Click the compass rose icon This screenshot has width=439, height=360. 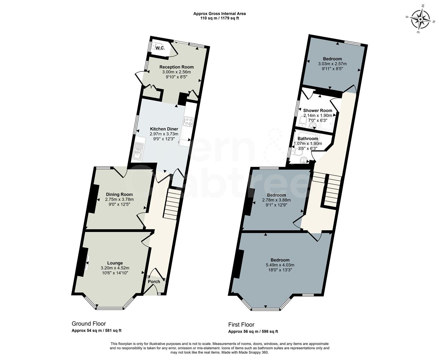click(420, 19)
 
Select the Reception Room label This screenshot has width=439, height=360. click(176, 67)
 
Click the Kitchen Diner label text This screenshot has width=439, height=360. click(164, 129)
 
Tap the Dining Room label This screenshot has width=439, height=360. click(119, 194)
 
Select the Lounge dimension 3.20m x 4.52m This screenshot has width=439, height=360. click(115, 268)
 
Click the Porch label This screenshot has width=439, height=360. click(154, 282)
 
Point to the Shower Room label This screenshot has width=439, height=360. click(317, 110)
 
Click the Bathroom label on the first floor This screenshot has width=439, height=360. click(307, 139)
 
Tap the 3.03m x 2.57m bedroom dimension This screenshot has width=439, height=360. click(332, 64)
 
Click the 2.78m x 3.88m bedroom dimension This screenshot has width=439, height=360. click(276, 200)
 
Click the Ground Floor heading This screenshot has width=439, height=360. click(89, 324)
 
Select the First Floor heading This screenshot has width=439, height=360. click(241, 324)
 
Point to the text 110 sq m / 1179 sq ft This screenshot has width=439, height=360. click(219, 18)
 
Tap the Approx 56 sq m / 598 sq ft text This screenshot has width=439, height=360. click(253, 332)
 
